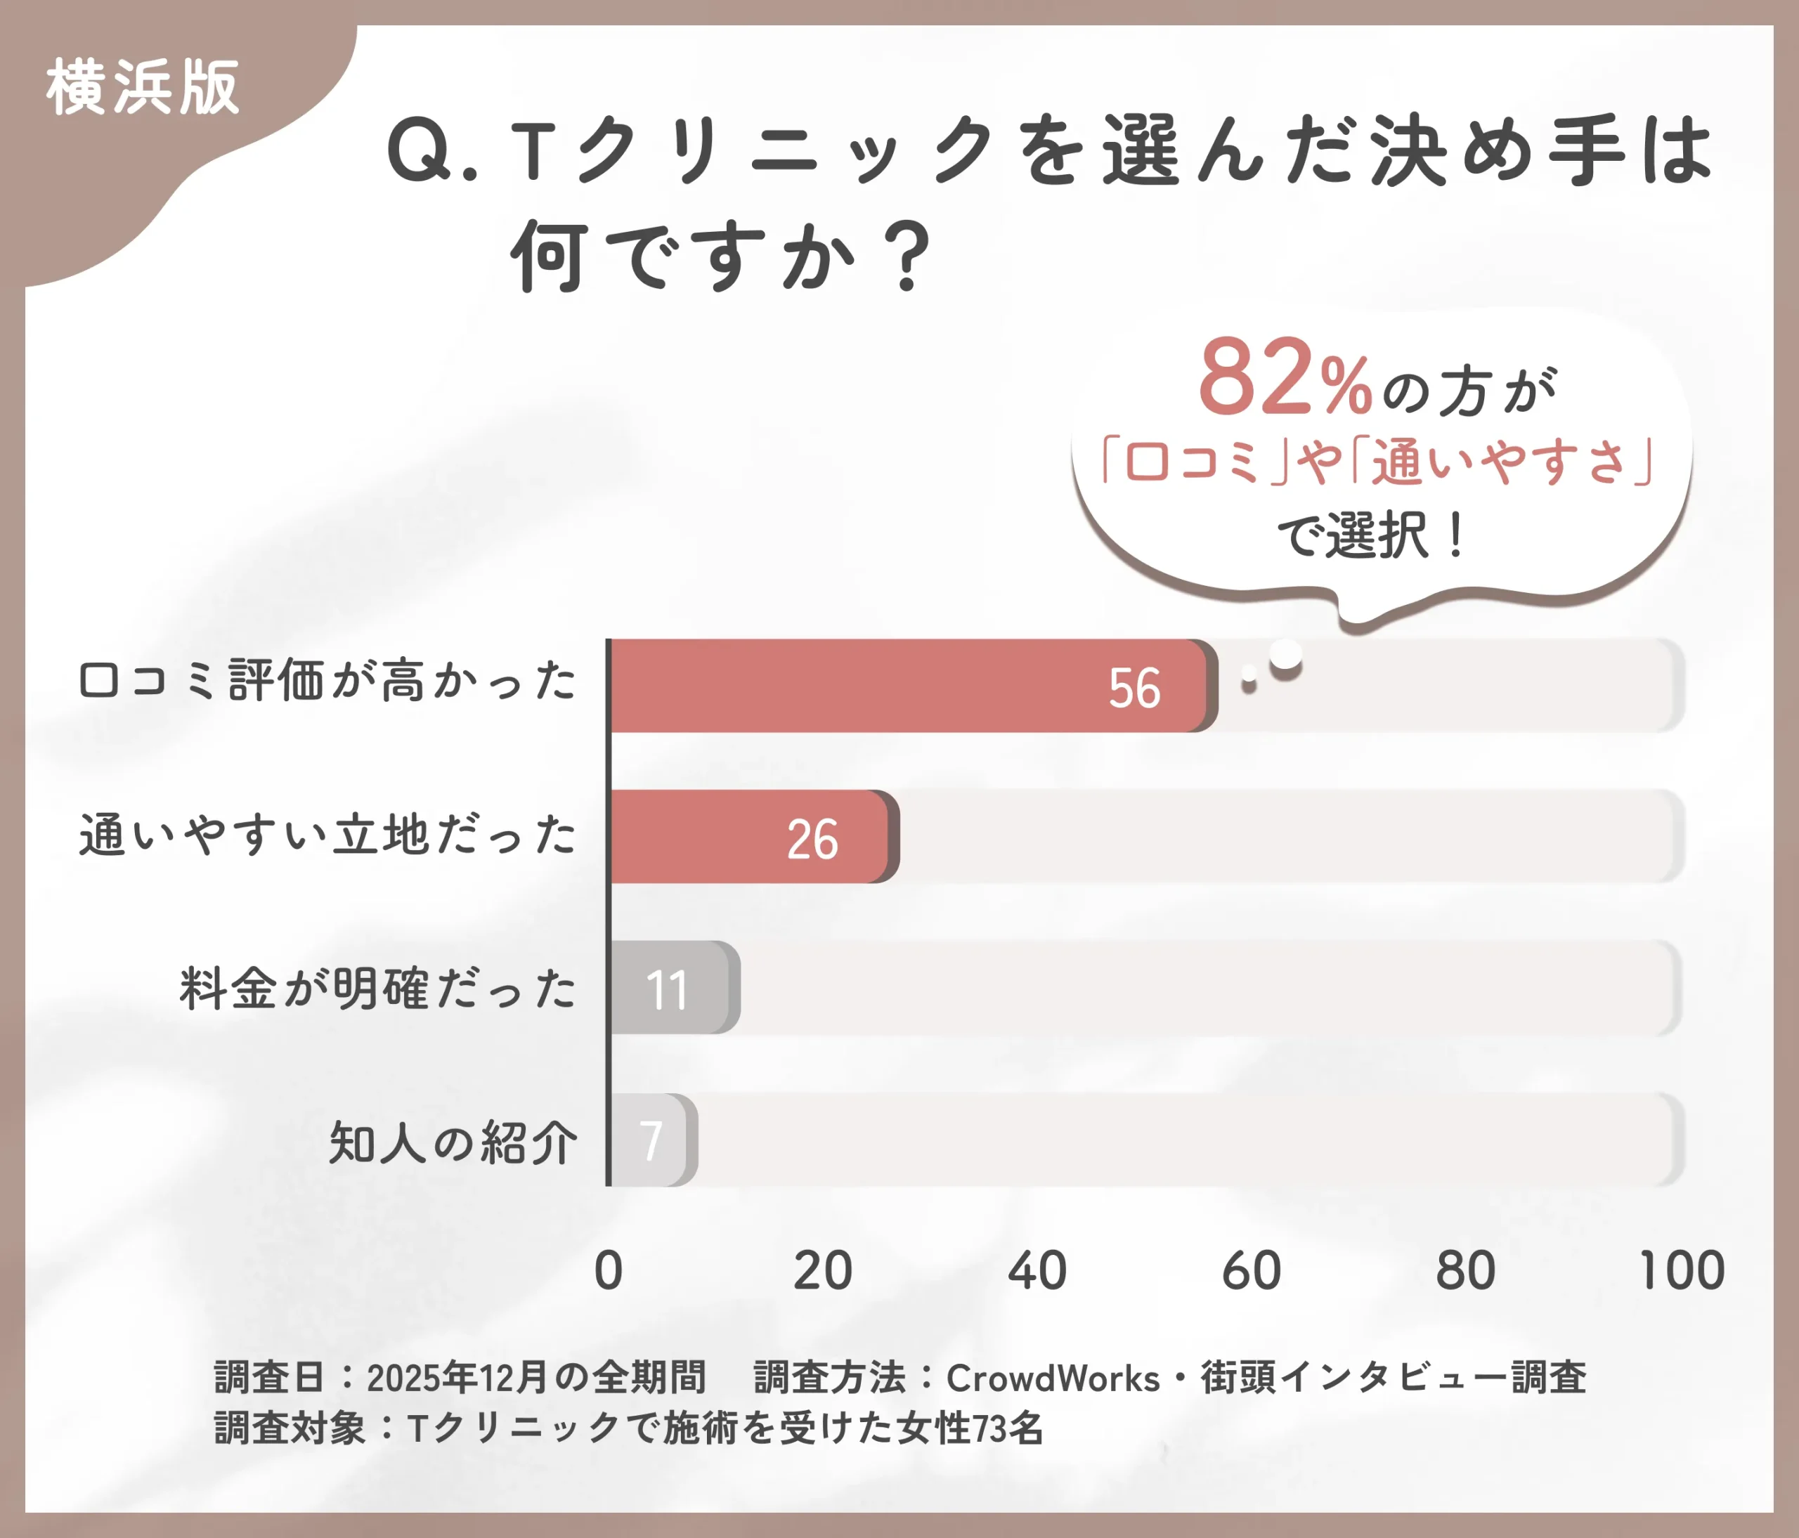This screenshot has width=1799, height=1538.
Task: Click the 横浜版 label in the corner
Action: [143, 88]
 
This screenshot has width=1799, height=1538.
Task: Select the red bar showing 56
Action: [911, 686]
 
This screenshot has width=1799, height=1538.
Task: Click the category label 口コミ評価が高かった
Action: [328, 680]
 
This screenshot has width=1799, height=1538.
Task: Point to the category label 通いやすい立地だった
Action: [328, 835]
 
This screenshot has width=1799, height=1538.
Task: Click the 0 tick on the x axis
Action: [609, 1272]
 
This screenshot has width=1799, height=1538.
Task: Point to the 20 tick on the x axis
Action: [823, 1272]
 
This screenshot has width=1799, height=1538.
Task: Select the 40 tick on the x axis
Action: [1037, 1272]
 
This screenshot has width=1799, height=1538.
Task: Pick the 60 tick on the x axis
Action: [1251, 1272]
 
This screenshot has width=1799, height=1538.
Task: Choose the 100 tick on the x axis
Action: [1682, 1272]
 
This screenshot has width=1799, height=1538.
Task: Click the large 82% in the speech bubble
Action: [1285, 379]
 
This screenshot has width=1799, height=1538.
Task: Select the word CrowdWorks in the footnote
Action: [1052, 1379]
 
